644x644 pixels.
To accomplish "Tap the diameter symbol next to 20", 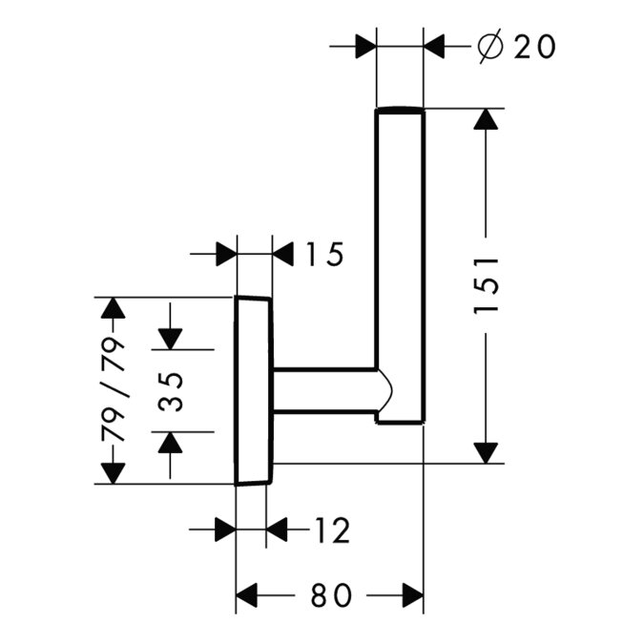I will point(490,46).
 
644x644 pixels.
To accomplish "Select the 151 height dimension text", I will point(487,285).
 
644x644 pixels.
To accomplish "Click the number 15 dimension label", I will point(323,255).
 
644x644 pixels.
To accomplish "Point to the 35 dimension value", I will point(171,389).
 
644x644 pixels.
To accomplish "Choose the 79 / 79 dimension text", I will point(114,390).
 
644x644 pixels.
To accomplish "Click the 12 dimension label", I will point(330,530).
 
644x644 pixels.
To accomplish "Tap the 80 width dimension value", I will point(330,595).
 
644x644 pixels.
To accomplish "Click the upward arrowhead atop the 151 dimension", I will point(487,122).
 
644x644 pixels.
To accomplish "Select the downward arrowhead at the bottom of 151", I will point(487,450).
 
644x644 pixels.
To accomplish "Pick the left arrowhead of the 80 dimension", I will point(248,595).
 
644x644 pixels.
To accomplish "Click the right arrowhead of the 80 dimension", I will point(410,595).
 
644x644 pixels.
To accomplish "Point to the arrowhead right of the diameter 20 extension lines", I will point(436,46).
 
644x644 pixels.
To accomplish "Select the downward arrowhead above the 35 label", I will point(171,338).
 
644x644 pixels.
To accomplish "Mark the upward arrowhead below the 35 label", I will point(171,442).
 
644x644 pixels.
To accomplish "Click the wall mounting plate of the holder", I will point(254,390).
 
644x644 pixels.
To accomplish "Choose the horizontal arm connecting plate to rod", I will point(324,390).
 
